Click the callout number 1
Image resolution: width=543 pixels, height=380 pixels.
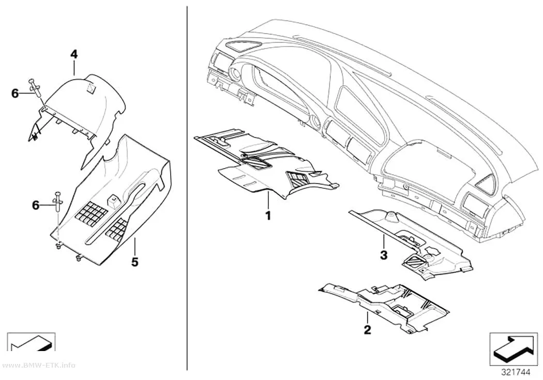268,216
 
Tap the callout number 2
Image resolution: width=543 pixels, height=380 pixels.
367,329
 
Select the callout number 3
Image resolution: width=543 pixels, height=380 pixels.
384,255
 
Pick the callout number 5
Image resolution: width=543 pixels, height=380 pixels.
134,262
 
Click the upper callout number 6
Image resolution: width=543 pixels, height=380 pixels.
15,94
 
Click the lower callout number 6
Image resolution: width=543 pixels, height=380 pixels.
36,205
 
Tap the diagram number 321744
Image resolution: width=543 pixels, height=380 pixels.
515,372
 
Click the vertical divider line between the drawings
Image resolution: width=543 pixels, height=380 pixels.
187,189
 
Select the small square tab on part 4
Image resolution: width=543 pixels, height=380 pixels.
91,88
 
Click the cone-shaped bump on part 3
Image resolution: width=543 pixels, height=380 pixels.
391,217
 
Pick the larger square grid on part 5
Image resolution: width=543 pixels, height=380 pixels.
88,212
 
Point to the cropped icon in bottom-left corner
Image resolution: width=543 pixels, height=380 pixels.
31,342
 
